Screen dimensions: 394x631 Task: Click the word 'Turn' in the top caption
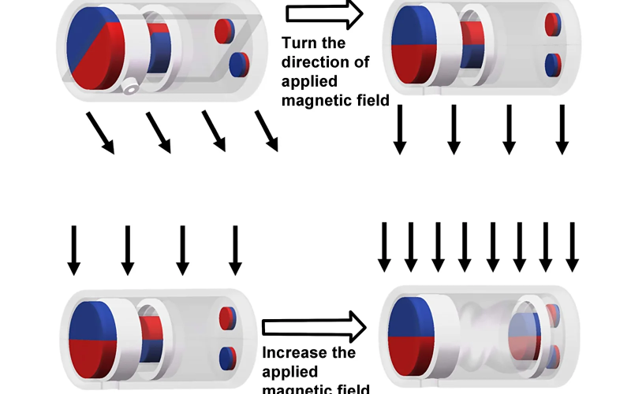[301, 43]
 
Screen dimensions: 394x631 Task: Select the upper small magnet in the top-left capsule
[225, 30]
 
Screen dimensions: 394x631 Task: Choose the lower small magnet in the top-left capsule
[237, 63]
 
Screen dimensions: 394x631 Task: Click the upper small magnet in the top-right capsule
[553, 24]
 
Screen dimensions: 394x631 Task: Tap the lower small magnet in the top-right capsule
[553, 62]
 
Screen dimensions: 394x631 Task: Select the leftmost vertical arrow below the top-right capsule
[400, 128]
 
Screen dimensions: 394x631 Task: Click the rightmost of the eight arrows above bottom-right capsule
[572, 247]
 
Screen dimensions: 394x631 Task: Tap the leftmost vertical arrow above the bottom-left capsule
[73, 251]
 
